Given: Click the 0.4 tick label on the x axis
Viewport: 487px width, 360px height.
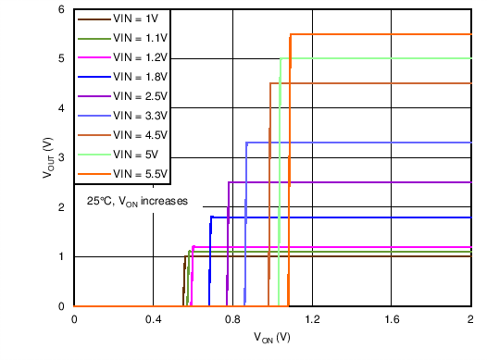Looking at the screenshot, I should coord(153,319).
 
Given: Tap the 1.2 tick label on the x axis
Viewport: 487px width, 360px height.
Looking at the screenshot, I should coord(312,319).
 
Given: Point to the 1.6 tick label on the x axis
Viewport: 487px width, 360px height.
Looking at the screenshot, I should coord(392,319).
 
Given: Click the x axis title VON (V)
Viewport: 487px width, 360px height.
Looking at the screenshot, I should coord(272,339).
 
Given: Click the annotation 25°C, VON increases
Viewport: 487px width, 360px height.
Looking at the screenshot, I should coord(138,201).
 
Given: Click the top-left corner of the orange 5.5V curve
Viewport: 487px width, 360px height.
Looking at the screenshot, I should coord(291,34).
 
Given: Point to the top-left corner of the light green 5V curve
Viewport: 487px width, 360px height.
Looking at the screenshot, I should coord(281,58).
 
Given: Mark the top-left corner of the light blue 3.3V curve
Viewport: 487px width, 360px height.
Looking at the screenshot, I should coord(246,143).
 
